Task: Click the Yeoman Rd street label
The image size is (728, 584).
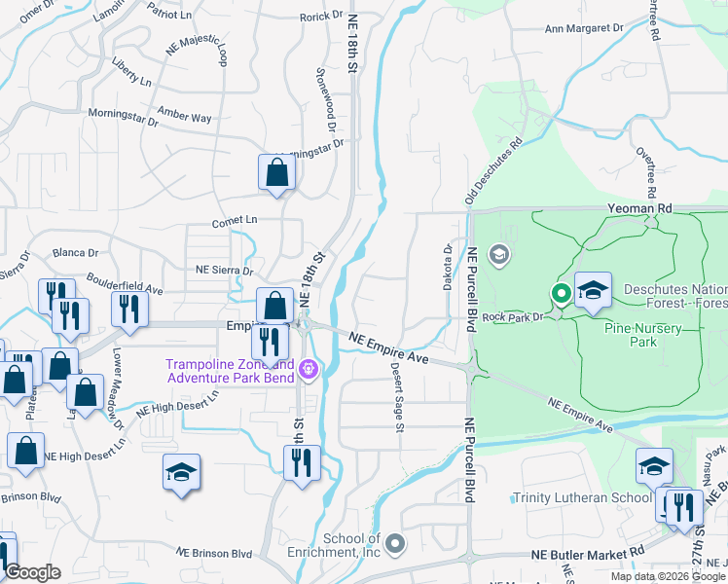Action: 638,207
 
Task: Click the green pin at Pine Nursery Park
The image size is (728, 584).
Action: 561,292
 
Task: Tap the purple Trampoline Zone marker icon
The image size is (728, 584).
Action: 309,369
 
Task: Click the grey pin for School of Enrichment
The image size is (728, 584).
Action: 394,542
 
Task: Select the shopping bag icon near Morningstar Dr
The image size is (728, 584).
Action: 277,173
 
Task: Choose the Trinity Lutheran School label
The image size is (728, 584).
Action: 582,498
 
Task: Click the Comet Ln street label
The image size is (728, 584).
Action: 232,221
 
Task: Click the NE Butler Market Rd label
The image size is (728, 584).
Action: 588,553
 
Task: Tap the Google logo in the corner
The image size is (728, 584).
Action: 31,571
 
